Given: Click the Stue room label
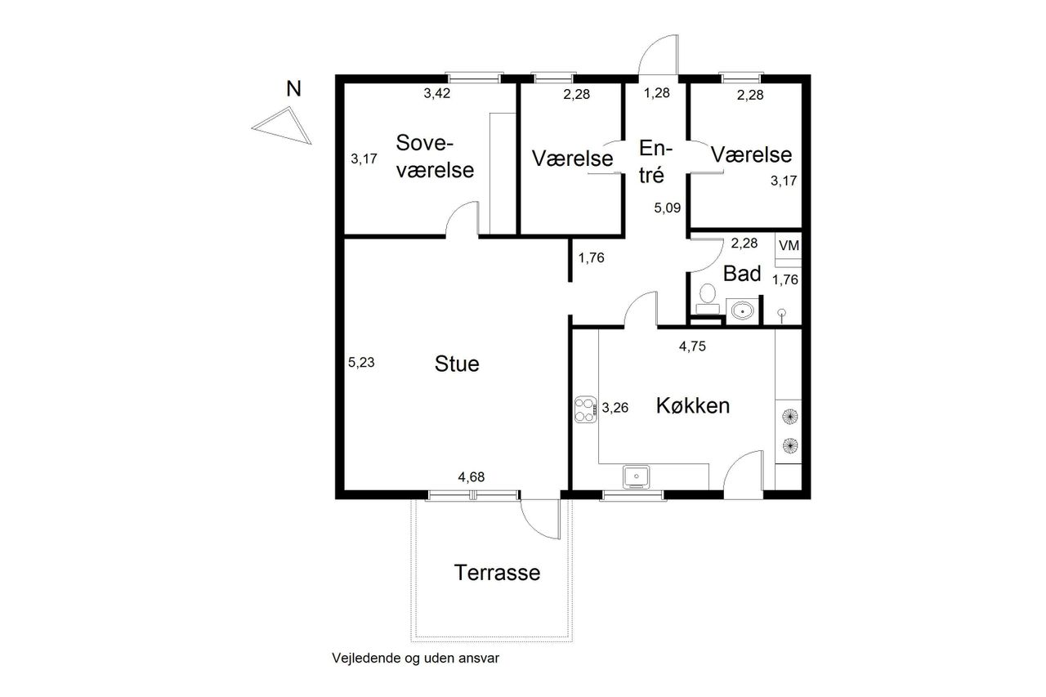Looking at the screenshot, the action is pyautogui.click(x=457, y=364).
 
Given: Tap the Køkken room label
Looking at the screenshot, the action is pyautogui.click(x=692, y=405).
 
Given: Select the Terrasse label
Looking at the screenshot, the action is pyautogui.click(x=497, y=572).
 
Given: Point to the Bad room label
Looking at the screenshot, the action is pyautogui.click(x=741, y=274).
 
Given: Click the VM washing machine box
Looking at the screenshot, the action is pyautogui.click(x=789, y=246).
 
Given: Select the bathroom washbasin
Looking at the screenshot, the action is pyautogui.click(x=742, y=311).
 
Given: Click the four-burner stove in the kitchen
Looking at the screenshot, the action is pyautogui.click(x=586, y=409).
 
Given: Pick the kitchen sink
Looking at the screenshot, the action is pyautogui.click(x=636, y=476).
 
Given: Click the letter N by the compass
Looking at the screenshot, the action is pyautogui.click(x=293, y=89).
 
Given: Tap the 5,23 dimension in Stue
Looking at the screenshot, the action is pyautogui.click(x=361, y=362).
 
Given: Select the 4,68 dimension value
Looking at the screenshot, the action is pyautogui.click(x=472, y=477).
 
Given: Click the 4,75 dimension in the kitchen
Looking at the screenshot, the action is pyautogui.click(x=692, y=346).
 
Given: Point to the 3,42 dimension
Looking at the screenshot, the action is pyautogui.click(x=437, y=93).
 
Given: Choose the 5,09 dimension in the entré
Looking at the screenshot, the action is pyautogui.click(x=668, y=208).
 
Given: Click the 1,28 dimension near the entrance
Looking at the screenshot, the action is pyautogui.click(x=656, y=93).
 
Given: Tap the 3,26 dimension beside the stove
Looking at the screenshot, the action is pyautogui.click(x=615, y=408).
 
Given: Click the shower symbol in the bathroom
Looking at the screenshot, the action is pyautogui.click(x=782, y=315).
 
